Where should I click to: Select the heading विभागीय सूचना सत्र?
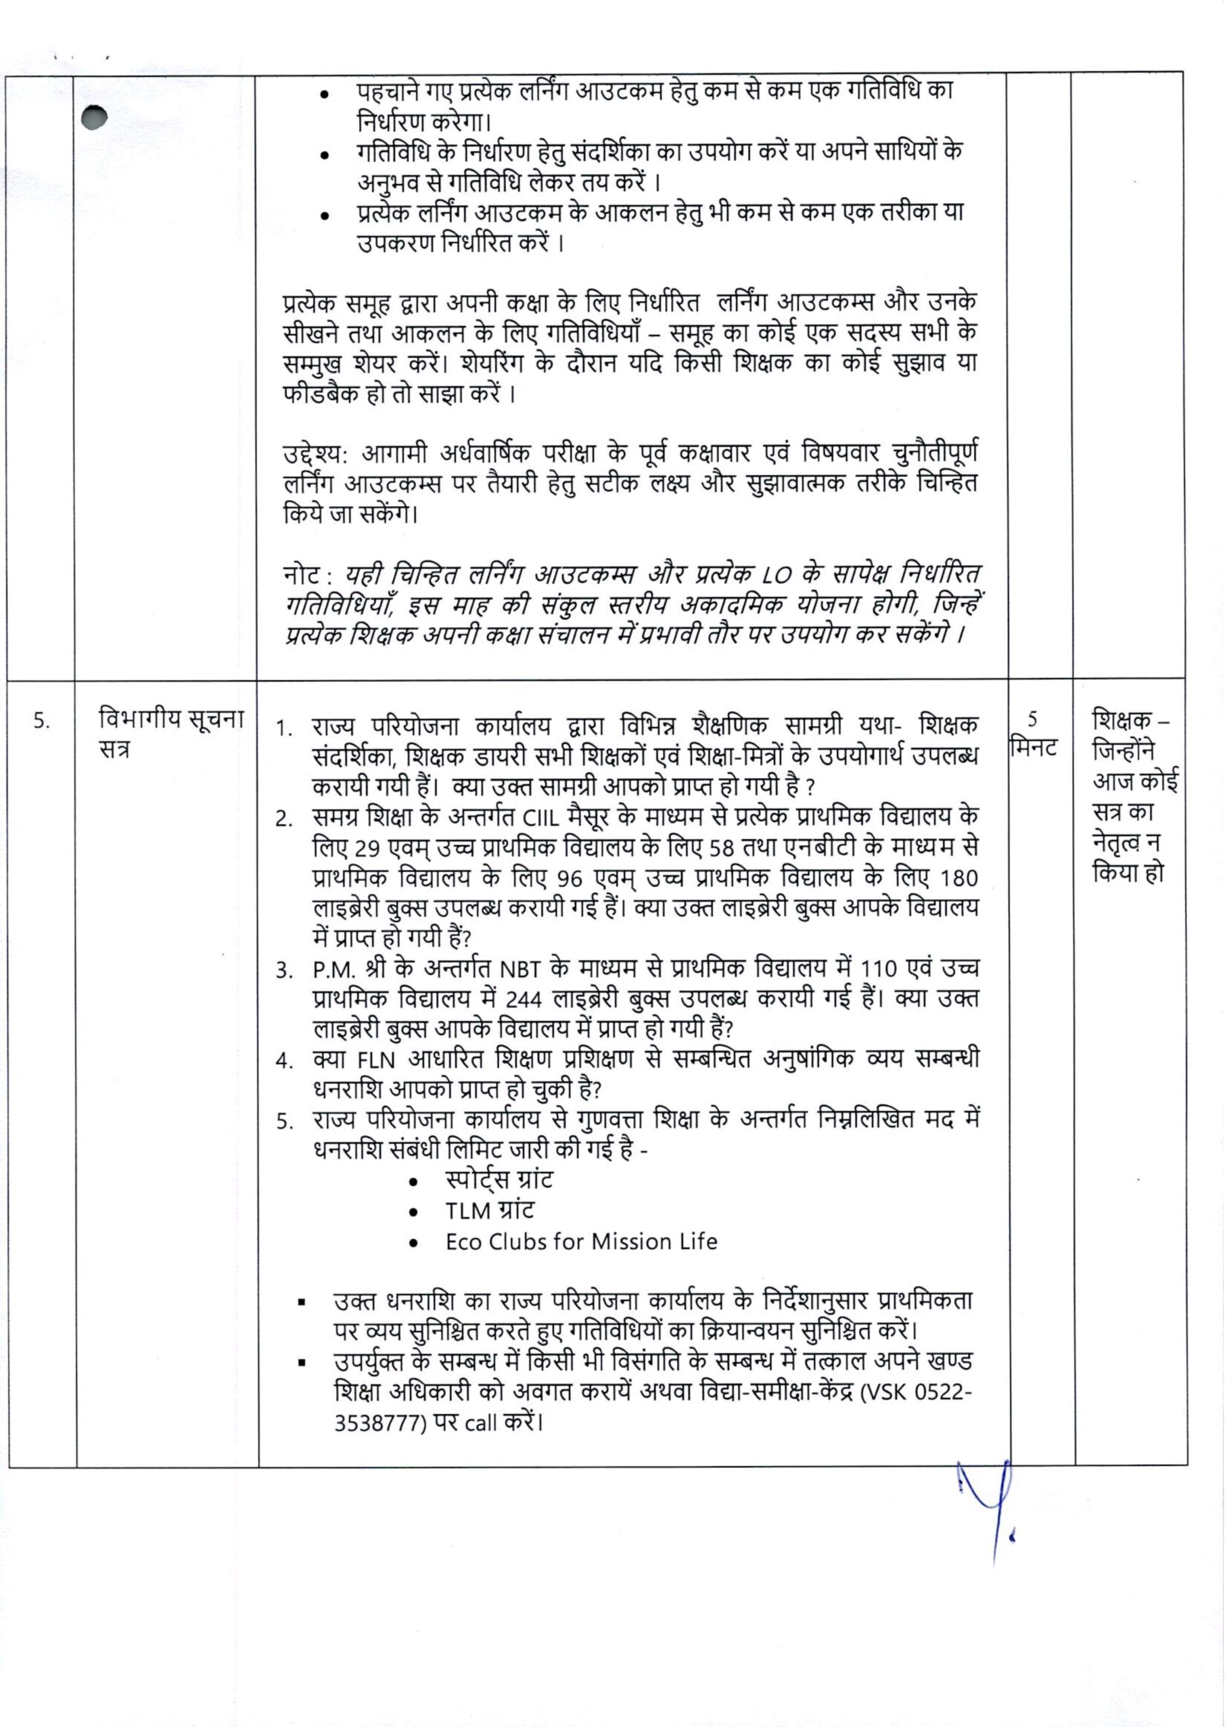coord(171,734)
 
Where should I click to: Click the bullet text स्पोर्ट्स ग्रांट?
coord(499,1180)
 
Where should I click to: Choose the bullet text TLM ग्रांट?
coord(489,1211)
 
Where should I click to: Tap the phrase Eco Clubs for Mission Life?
coord(581,1241)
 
